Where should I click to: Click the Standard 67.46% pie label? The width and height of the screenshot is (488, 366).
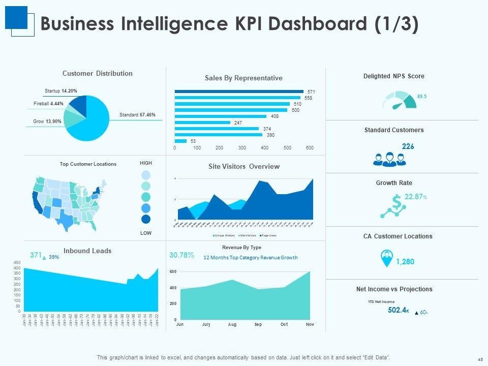[x=137, y=115]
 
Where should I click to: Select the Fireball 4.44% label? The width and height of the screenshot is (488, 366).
[x=48, y=104]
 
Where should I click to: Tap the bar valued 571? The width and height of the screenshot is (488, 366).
[x=238, y=91]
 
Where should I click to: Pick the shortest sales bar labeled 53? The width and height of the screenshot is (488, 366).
[x=180, y=141]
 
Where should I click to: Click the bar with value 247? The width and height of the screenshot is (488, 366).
[x=203, y=123]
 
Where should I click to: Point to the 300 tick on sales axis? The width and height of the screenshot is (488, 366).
[x=242, y=148]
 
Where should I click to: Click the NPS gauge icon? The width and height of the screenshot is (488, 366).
[x=399, y=100]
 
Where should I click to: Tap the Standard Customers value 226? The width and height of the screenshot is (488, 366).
[x=408, y=146]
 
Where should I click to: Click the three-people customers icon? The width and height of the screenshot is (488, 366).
[x=389, y=159]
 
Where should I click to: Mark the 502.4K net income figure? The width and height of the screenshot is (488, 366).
[x=398, y=310]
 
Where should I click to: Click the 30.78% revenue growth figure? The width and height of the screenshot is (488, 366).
[x=181, y=255]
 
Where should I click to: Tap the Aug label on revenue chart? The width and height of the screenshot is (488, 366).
[x=232, y=324]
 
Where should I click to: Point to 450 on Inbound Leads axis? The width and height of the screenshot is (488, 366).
[x=17, y=262]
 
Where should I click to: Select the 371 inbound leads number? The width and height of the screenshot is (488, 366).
[x=35, y=256]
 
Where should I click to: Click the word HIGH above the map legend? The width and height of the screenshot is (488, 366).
[x=145, y=163]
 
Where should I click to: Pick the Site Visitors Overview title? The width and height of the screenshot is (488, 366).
[x=243, y=166]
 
